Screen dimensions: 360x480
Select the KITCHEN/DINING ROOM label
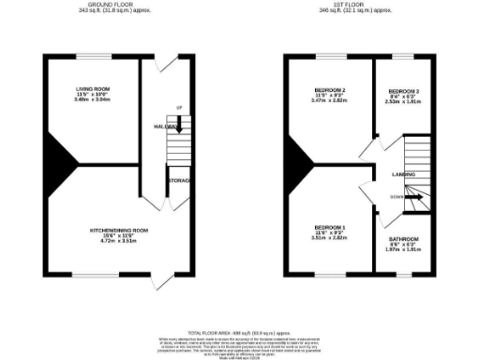coord(118,230)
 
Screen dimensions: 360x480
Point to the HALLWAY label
coord(166,126)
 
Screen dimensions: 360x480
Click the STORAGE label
coord(178,179)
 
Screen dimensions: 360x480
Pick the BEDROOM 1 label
coord(330,228)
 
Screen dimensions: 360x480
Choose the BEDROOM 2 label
coord(330,90)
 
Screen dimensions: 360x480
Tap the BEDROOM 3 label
coord(404,90)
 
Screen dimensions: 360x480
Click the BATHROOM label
coord(404,240)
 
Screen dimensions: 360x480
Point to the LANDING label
coord(404,174)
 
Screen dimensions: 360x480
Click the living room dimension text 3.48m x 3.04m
coord(93,99)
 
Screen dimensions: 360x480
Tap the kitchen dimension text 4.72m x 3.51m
coord(118,241)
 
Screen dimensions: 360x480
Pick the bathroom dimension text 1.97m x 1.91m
coord(404,250)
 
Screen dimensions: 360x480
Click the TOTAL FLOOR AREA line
coord(240,333)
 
